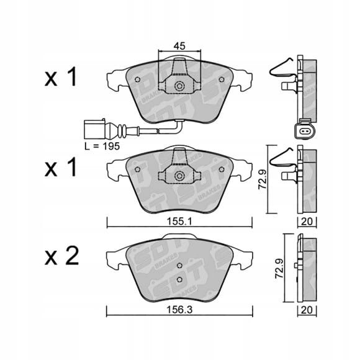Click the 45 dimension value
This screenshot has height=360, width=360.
(179, 46)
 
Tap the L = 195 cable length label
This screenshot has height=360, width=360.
(102, 146)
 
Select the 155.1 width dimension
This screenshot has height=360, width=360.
(179, 222)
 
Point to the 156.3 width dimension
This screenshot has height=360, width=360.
(179, 310)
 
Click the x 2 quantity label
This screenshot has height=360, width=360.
(61, 256)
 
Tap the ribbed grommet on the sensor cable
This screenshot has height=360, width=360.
(121, 131)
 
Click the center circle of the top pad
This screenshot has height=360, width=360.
(179, 86)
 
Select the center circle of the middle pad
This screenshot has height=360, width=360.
(179, 176)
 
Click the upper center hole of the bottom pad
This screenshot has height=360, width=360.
(180, 266)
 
